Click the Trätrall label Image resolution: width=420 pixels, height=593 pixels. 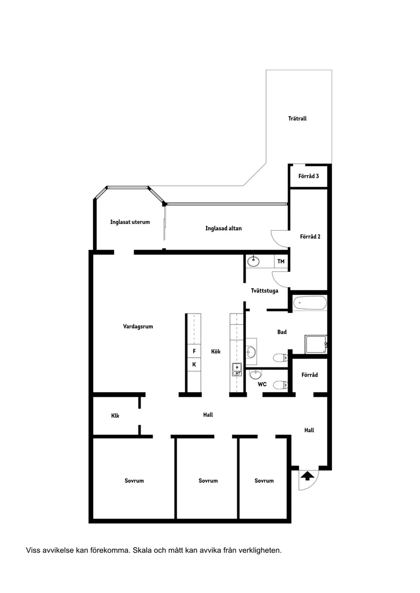(297, 118)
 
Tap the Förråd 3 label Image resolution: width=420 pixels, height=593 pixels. (309, 176)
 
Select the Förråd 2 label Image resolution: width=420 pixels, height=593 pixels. (310, 236)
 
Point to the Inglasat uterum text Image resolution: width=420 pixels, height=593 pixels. (130, 222)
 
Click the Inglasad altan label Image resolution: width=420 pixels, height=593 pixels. (223, 228)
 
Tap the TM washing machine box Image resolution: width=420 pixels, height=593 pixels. (281, 262)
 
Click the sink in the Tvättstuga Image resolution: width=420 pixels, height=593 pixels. (254, 262)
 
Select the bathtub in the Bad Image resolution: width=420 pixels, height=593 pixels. (309, 304)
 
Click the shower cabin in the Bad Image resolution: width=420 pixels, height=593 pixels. (316, 345)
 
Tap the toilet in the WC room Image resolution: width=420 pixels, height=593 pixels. (279, 385)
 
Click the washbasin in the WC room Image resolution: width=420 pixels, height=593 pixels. (255, 375)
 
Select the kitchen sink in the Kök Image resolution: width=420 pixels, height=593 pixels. (236, 369)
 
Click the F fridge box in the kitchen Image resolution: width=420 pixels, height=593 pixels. (194, 351)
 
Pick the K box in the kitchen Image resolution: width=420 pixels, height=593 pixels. (194, 364)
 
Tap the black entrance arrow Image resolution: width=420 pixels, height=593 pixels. (307, 476)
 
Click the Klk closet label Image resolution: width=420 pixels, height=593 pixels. (115, 416)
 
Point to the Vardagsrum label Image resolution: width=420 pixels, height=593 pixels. (138, 327)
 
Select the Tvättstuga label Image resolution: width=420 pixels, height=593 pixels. (264, 291)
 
